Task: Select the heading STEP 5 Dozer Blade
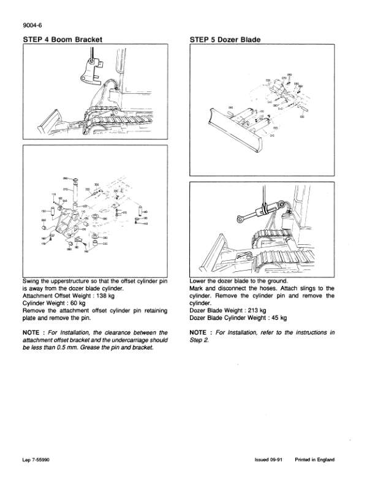pos(225,40)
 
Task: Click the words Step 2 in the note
pos(199,341)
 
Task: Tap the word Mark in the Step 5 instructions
pos(199,288)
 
